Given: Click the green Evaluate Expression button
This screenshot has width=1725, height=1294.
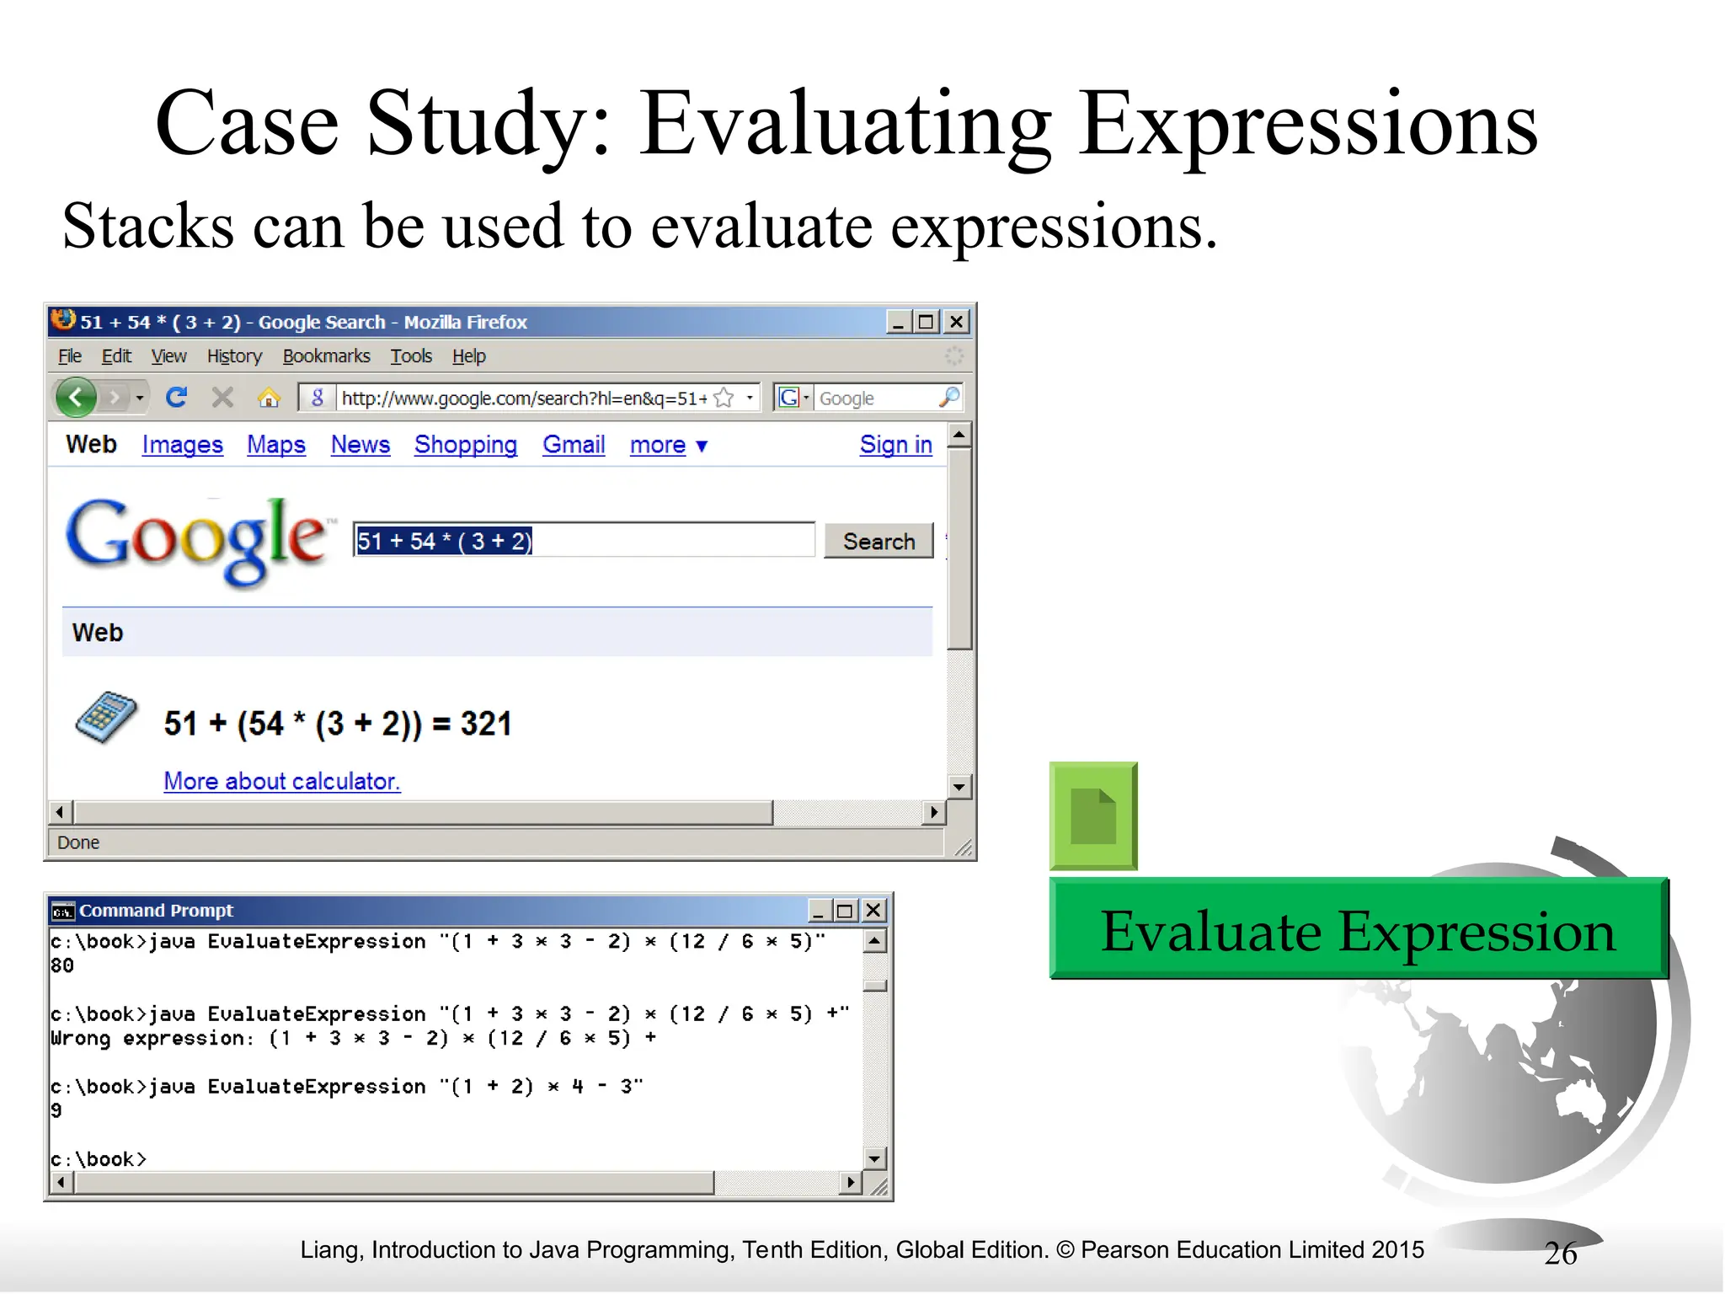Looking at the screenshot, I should tap(1358, 929).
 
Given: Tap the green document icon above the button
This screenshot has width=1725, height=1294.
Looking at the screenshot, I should tap(1092, 815).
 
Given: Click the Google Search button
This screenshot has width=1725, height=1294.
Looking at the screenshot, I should tap(879, 541).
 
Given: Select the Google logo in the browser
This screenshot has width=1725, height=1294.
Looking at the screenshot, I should tap(195, 539).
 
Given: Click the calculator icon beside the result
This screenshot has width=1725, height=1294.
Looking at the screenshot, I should tap(105, 718).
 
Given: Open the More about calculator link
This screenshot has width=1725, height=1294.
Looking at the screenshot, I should tap(281, 781).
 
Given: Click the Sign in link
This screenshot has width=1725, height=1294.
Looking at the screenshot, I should tap(895, 444).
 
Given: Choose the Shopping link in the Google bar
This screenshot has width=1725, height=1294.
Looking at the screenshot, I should tap(465, 444).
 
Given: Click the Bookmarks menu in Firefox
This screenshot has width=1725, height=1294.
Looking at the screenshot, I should tap(326, 356).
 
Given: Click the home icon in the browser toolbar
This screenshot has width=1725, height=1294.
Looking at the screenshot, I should tap(269, 398).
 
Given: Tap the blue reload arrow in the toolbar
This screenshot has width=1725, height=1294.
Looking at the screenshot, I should tap(176, 397).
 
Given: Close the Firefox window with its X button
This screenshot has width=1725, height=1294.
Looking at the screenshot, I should tap(956, 322).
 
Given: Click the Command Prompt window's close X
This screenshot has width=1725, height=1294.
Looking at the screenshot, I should tap(873, 910).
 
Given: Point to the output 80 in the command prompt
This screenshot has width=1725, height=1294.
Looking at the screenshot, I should tap(62, 965).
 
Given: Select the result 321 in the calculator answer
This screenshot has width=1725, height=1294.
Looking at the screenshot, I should tap(485, 724).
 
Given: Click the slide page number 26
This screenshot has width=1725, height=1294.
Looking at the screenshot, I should tap(1560, 1254).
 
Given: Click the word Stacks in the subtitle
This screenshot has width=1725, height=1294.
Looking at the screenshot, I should tap(147, 227).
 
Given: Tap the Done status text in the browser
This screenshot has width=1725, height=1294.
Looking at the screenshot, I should tap(78, 842).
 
